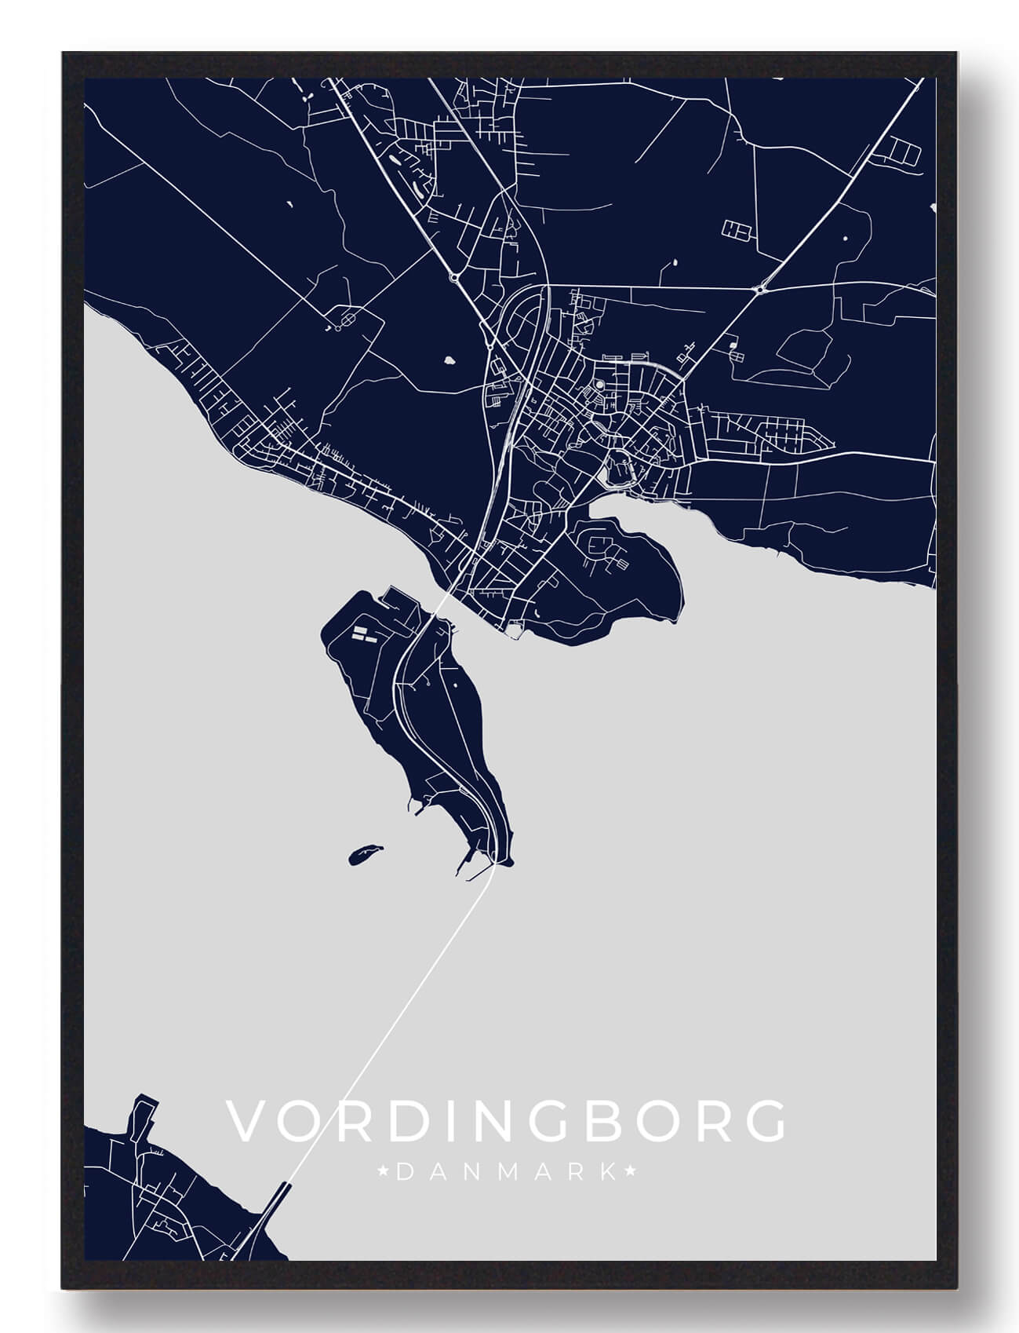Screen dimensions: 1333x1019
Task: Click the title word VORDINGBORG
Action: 506,1120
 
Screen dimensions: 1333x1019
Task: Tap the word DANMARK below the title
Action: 507,1173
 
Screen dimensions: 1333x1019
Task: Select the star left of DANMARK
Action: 384,1173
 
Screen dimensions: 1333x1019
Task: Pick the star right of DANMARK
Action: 630,1173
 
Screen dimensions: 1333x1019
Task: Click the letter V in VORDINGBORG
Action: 244,1120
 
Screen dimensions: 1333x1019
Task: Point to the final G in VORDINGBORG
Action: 764,1120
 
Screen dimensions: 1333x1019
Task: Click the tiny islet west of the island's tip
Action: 364,853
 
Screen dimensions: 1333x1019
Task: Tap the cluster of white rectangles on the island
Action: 362,634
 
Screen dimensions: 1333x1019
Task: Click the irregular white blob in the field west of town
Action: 450,361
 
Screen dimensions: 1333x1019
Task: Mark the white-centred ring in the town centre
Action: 600,385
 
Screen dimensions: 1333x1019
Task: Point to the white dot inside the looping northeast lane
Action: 846,236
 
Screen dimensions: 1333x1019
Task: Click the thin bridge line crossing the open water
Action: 392,1021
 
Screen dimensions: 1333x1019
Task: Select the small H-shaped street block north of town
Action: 738,228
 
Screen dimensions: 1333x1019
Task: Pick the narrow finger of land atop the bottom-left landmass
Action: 141,1115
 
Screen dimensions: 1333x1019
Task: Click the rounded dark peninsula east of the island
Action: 620,581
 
